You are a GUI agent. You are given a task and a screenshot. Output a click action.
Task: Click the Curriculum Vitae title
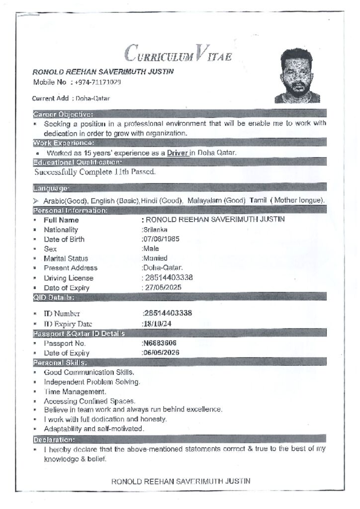coord(178,53)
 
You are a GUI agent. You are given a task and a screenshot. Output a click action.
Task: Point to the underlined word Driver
coord(177,153)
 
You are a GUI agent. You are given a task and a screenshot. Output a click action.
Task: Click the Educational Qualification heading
coord(77,162)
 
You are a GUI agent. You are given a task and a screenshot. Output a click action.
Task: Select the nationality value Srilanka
coord(155,230)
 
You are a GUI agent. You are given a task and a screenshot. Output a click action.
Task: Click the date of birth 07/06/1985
coord(161,239)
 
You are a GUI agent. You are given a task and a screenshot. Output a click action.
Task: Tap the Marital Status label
coord(66,258)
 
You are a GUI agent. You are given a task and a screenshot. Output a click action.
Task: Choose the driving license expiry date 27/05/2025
coord(162,287)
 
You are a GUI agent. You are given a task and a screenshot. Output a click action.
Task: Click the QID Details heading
coord(54,297)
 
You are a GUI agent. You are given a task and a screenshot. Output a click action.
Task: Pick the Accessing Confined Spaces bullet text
coord(90,401)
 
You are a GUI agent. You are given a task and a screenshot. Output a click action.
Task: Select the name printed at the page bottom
coord(180,481)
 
